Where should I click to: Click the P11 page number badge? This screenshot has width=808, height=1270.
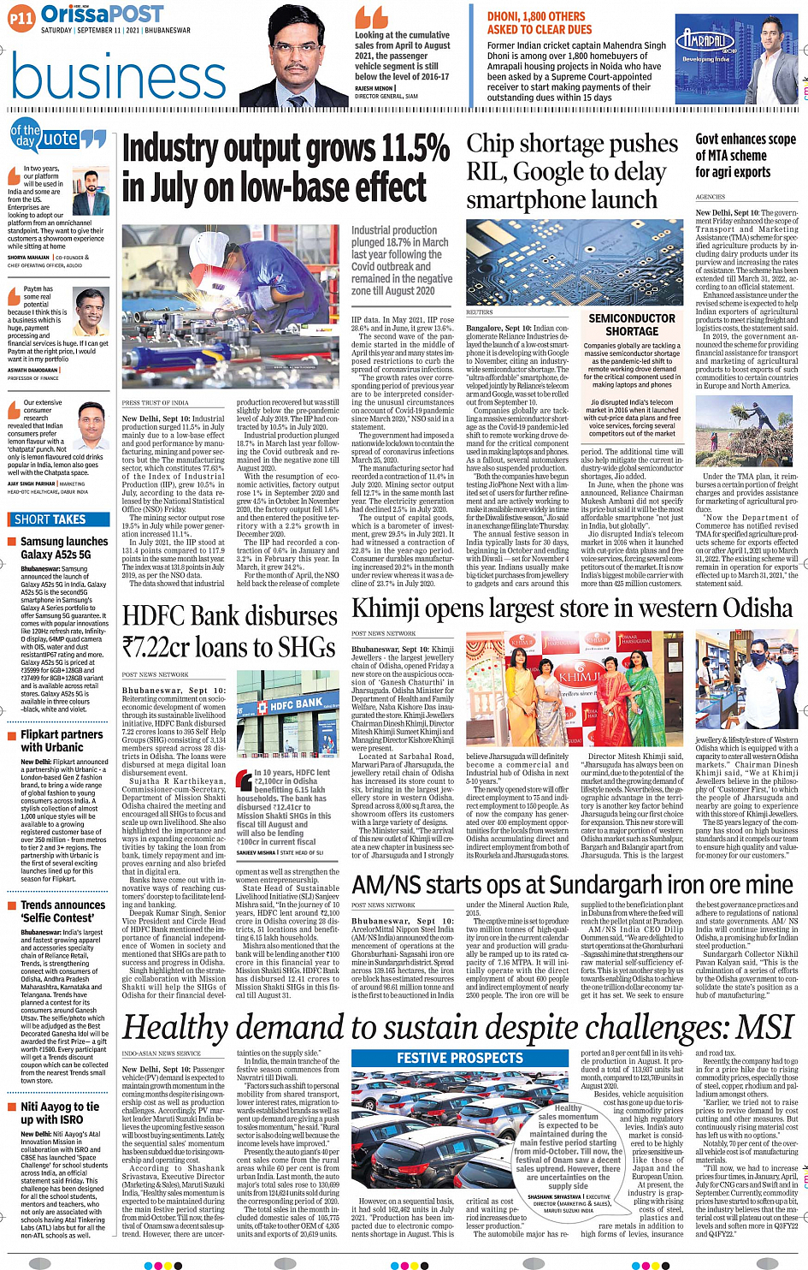[21, 17]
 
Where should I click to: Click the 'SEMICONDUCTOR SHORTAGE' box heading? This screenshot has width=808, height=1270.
[632, 324]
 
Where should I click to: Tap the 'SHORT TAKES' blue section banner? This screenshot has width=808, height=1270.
[50, 519]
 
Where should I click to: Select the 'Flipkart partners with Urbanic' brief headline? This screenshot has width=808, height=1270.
[61, 740]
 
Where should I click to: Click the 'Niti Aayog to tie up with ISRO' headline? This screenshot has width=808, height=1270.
[59, 1113]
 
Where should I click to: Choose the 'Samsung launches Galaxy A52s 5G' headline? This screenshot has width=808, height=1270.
[63, 548]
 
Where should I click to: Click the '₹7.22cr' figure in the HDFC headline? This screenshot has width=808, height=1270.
[158, 647]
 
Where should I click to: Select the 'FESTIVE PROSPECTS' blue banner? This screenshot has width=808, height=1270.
[460, 1059]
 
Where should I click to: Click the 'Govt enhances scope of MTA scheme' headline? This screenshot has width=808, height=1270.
[745, 155]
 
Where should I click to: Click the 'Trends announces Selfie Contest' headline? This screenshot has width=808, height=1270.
[62, 911]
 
